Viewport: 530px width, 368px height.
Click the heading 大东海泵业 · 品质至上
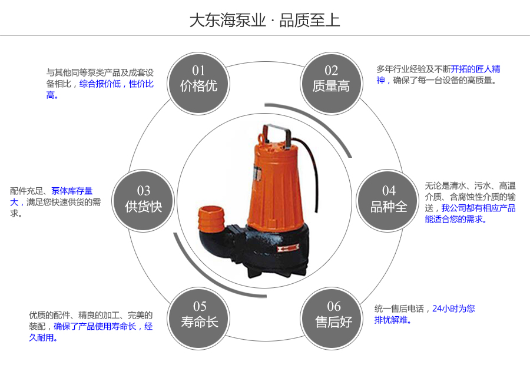click(x=264, y=21)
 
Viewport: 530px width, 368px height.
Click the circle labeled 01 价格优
click(x=198, y=79)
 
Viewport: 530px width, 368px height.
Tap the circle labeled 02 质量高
click(x=331, y=79)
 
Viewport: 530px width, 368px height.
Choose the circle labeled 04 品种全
click(x=389, y=199)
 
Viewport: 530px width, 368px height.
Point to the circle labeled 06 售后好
click(x=333, y=314)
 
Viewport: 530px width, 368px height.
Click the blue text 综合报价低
click(x=100, y=84)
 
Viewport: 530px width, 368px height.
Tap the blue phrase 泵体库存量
click(x=72, y=191)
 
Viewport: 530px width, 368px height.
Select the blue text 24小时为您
click(x=453, y=308)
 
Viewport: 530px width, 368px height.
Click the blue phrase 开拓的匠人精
click(x=475, y=69)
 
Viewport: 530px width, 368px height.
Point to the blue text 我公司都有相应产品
click(x=478, y=208)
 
